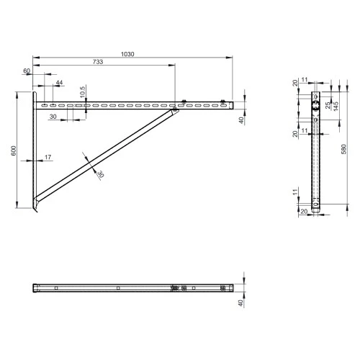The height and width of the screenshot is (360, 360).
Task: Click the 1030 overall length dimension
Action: (129, 54)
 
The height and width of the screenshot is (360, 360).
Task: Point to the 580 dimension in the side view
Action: (343, 149)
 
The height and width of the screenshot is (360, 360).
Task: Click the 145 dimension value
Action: (336, 107)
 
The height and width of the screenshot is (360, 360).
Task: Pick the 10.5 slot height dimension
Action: (83, 91)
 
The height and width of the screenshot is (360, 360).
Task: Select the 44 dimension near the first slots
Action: (59, 84)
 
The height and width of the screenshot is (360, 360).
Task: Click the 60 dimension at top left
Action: (27, 72)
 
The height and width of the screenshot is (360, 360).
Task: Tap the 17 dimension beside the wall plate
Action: (48, 157)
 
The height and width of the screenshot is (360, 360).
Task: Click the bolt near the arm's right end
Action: (223, 102)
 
